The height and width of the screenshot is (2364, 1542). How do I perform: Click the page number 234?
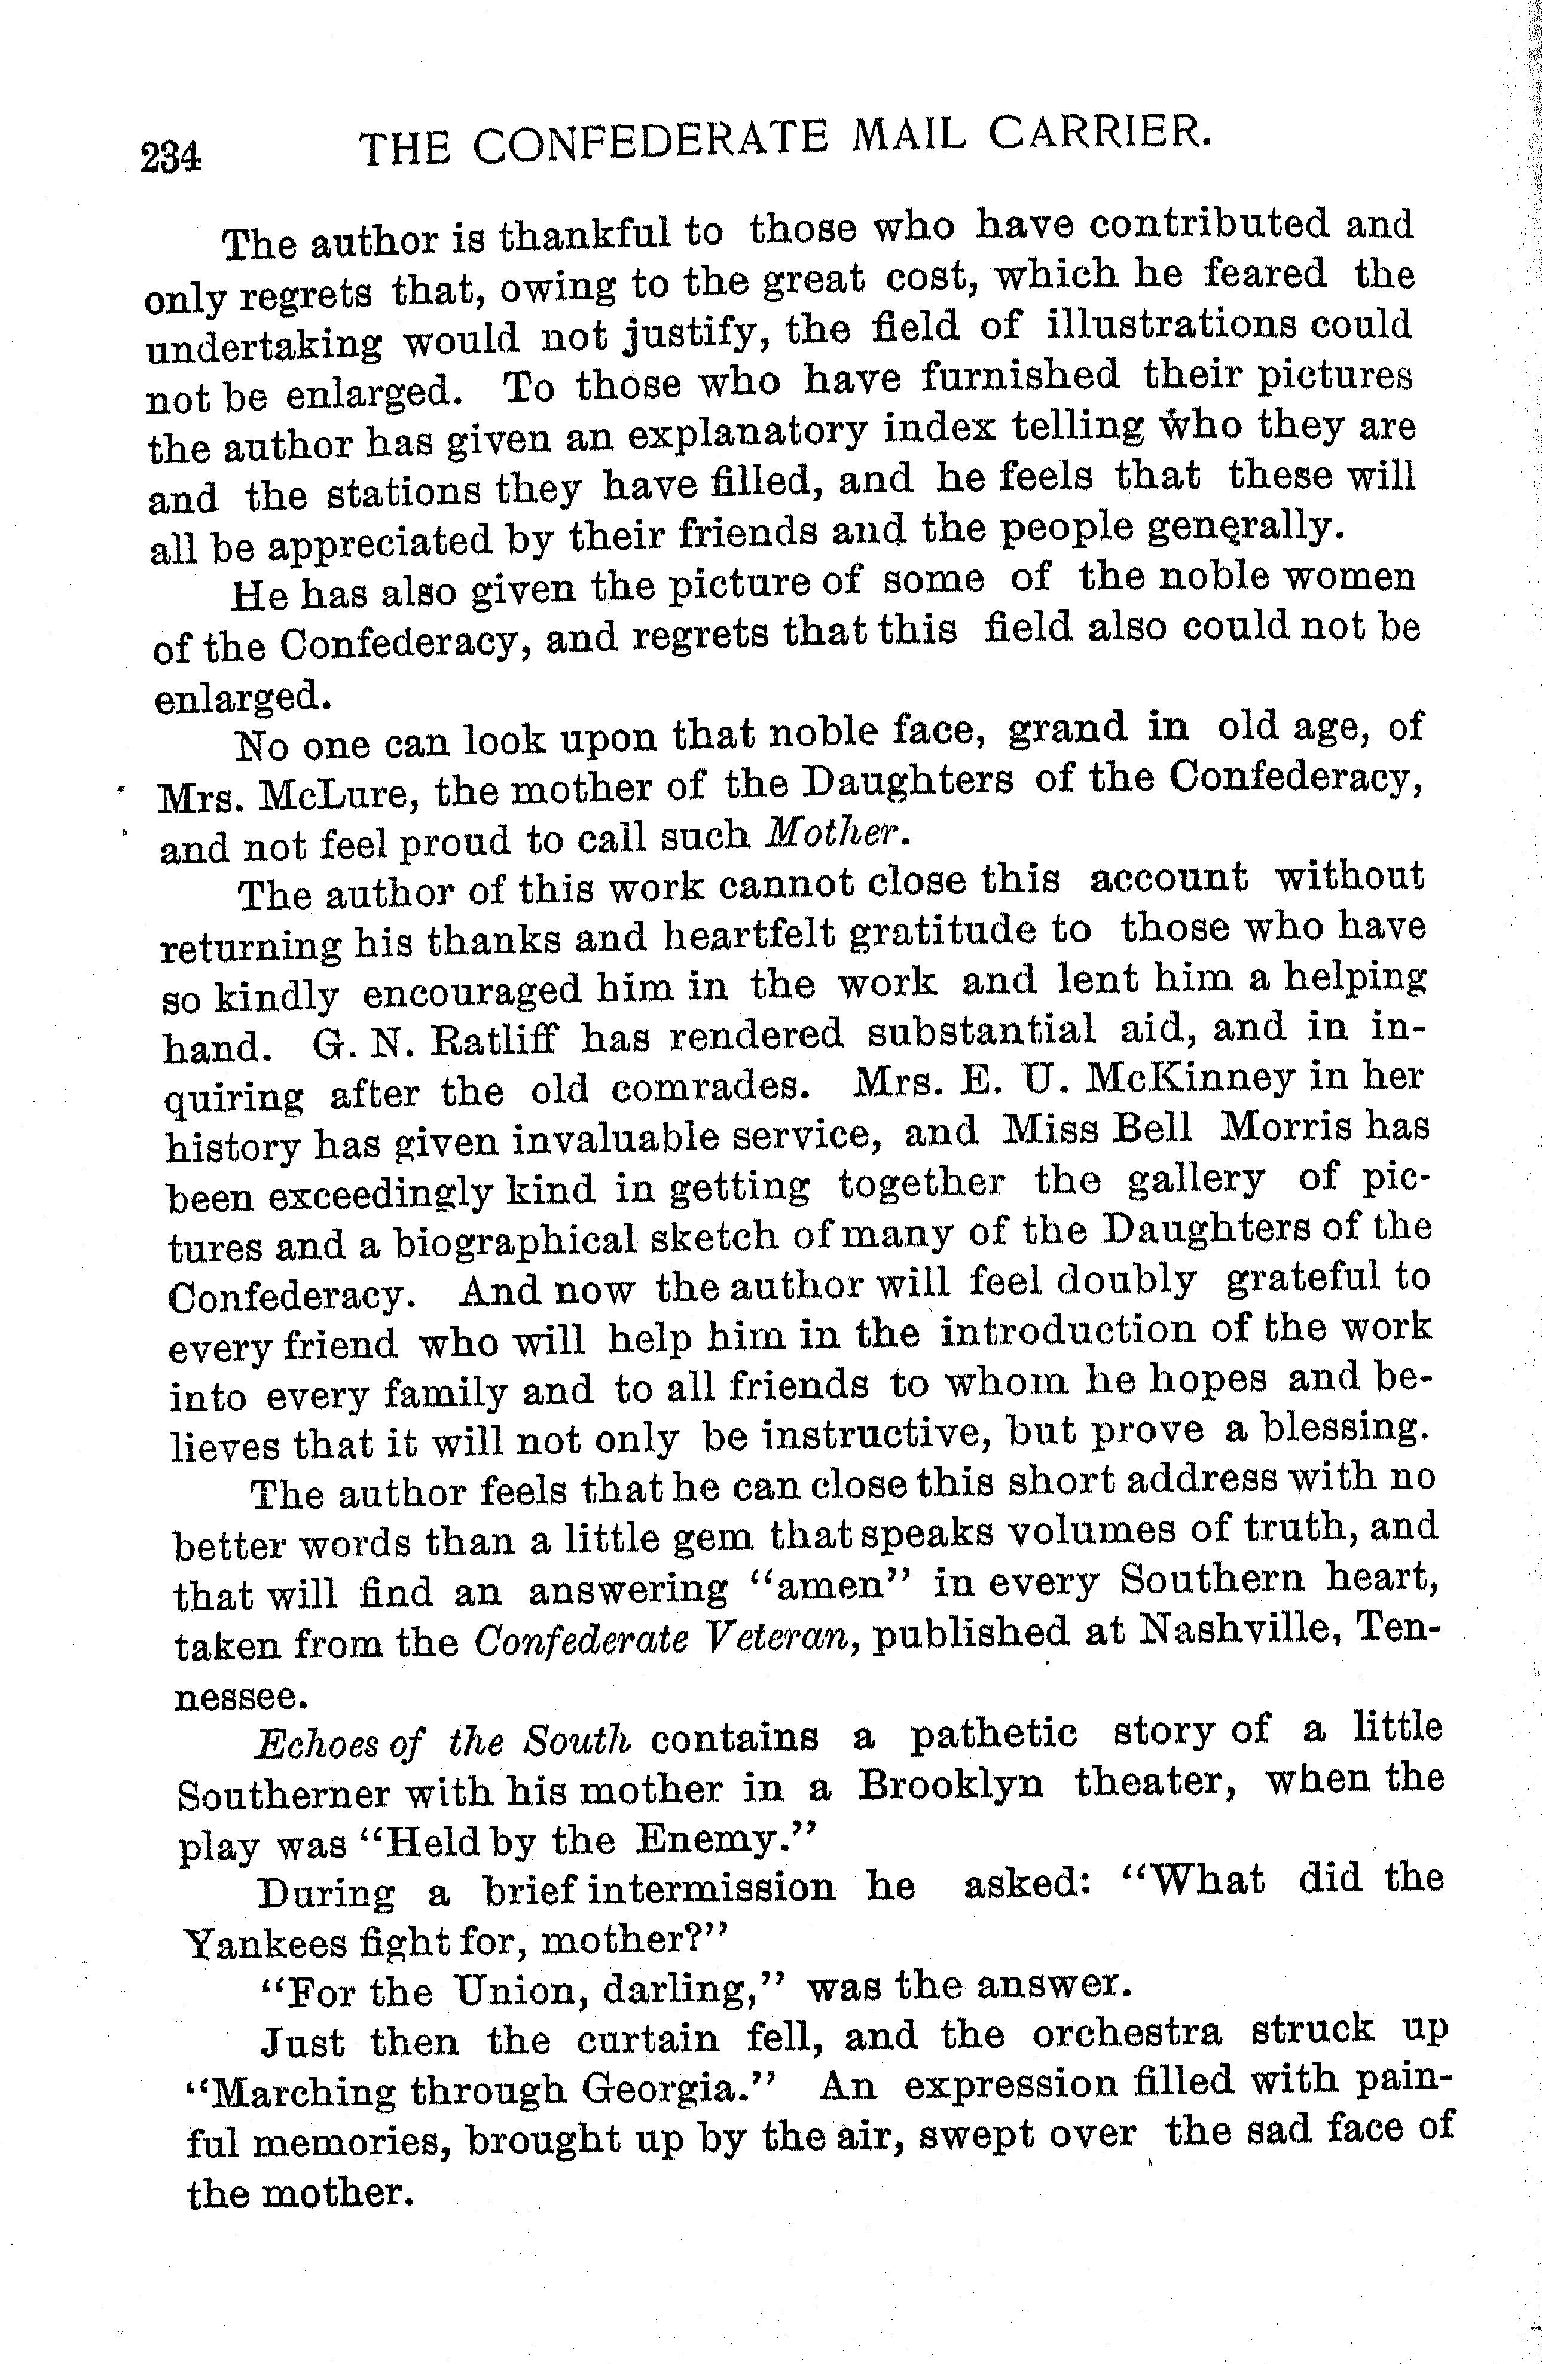pos(172,158)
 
